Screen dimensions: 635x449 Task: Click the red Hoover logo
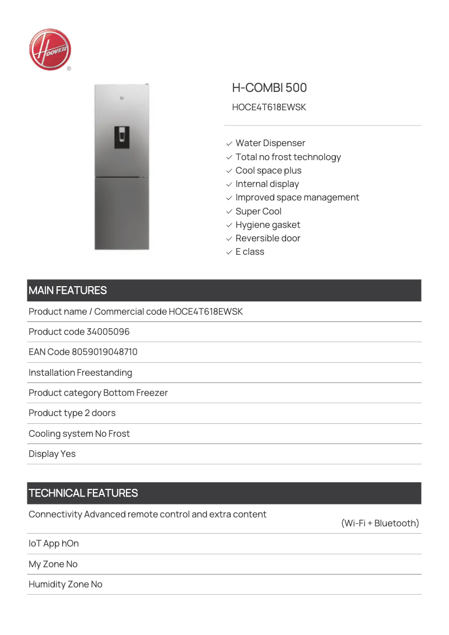(50, 50)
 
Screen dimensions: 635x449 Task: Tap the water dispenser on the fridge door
(122, 137)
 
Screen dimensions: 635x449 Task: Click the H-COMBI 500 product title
(269, 88)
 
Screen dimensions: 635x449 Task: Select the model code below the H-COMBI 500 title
(269, 107)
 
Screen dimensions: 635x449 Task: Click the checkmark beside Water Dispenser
(229, 144)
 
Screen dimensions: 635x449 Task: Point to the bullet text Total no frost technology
(288, 157)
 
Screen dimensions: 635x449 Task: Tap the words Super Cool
(258, 212)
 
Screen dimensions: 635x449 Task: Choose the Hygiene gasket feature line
(268, 225)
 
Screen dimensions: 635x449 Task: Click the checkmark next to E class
(229, 253)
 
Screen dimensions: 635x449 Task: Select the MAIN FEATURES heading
(68, 291)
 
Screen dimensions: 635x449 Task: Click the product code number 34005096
(108, 332)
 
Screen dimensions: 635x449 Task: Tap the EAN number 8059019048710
(105, 352)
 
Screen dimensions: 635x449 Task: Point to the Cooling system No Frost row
(79, 434)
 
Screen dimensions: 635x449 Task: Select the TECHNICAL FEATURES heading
(83, 493)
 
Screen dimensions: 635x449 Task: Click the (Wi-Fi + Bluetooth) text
(380, 524)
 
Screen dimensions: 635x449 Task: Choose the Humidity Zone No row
(66, 585)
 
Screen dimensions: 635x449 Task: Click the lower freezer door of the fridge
(122, 213)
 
